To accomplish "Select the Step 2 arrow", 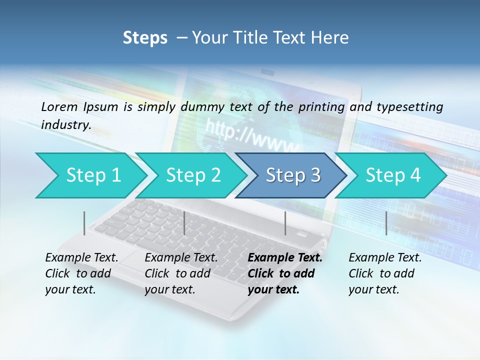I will [192, 175].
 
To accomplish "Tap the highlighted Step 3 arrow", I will [292, 175].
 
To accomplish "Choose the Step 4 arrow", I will [392, 175].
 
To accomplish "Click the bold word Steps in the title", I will [145, 38].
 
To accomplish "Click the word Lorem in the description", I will [59, 106].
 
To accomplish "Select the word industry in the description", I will [65, 125].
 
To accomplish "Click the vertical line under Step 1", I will [84, 223].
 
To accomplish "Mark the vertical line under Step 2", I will [184, 223].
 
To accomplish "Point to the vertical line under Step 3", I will [285, 223].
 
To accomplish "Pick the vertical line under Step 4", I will [386, 223].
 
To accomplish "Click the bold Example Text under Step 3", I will [285, 258].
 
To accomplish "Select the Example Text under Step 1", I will [81, 258].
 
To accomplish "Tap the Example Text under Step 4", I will [385, 258].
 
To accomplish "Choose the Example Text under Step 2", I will [181, 258].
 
